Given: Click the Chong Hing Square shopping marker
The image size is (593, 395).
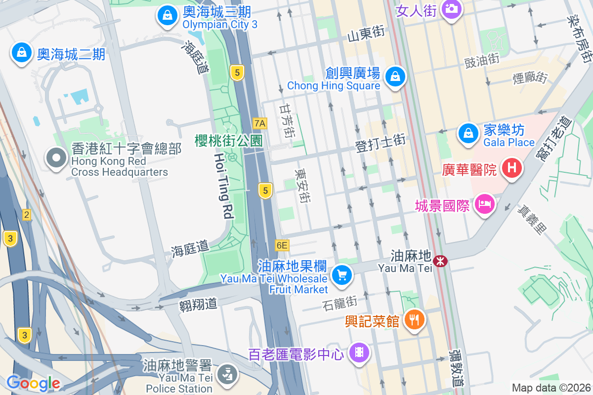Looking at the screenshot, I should [x=395, y=77].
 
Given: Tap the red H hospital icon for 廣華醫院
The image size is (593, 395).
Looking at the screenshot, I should [x=512, y=168].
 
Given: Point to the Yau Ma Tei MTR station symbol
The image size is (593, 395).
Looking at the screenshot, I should [x=439, y=260].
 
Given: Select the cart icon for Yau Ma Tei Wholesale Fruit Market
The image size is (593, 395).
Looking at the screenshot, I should [x=341, y=275].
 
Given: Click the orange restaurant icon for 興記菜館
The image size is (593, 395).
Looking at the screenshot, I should [x=415, y=319].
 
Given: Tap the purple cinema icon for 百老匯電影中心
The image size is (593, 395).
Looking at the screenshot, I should [x=359, y=353].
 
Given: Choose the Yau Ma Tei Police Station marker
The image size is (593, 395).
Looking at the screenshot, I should [x=228, y=373].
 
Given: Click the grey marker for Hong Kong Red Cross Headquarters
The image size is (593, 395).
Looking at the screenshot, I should [x=56, y=158].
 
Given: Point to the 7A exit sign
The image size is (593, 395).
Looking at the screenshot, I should [x=259, y=123].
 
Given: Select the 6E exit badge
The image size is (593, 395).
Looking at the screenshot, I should [x=282, y=245].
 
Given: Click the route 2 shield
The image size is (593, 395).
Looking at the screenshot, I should [x=26, y=215].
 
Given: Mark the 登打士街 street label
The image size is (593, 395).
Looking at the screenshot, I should [x=380, y=143].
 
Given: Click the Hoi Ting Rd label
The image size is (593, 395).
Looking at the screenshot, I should [x=223, y=185].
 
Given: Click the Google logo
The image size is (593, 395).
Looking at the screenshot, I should [x=33, y=383].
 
